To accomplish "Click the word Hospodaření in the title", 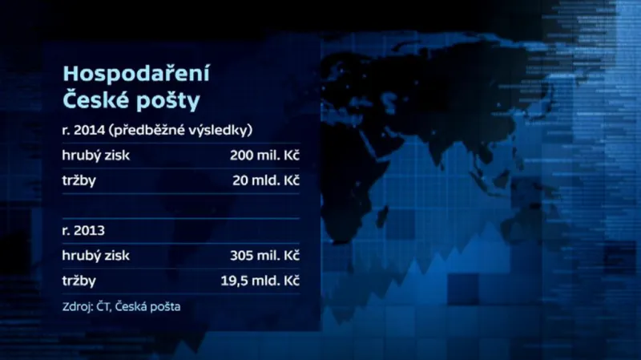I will [124, 75].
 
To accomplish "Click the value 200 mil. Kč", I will [264, 156].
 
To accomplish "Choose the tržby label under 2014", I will [79, 181].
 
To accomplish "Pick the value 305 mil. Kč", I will [264, 256].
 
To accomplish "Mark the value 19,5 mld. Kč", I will [262, 281].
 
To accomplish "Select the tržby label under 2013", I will [79, 281].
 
